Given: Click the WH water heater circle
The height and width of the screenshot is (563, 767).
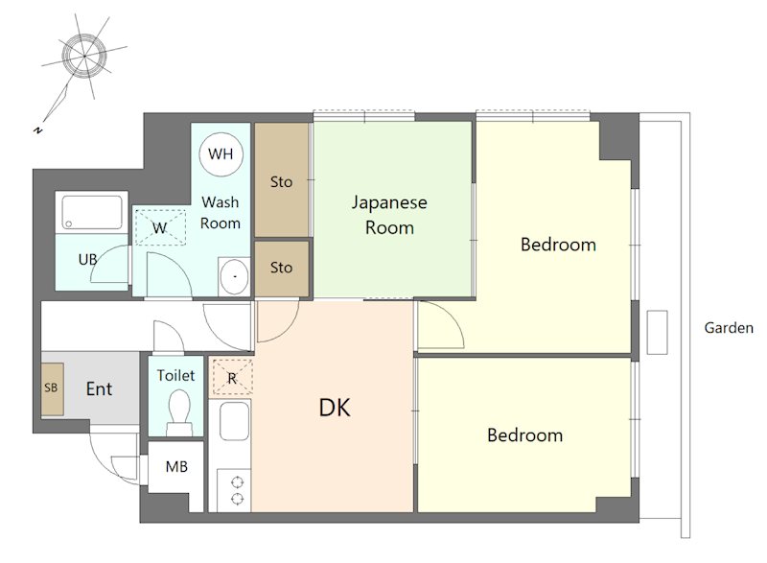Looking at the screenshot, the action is pos(221,153).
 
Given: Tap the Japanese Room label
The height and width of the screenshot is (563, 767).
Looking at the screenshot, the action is pos(389,215).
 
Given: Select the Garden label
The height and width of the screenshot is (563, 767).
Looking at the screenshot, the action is pos(729,328).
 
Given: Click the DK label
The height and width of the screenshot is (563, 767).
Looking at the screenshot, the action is pos(335,408).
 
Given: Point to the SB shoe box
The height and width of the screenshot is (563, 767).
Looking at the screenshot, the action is pos(53,388).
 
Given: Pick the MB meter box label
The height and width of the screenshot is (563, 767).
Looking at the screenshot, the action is pos(176,467).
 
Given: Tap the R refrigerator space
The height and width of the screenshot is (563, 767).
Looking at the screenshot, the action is pos(231,377).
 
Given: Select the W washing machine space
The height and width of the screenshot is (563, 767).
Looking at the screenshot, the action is pos(160,227).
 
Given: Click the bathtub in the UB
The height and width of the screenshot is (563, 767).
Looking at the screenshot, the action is pos(92,213).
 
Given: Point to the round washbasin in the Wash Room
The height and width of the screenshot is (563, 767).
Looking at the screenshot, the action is pos(234,277).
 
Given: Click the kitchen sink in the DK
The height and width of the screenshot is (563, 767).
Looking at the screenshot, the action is pos(234,421).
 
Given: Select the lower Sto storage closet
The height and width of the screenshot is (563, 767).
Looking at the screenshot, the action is pos(282,268).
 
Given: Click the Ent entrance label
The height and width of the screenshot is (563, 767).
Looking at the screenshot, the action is pos(99,388).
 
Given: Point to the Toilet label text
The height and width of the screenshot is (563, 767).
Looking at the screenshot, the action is pos(175,375).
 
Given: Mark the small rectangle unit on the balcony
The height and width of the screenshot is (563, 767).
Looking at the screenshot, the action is pos(657,332).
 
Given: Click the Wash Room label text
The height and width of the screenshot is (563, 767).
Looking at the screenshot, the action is pos(221,213).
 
